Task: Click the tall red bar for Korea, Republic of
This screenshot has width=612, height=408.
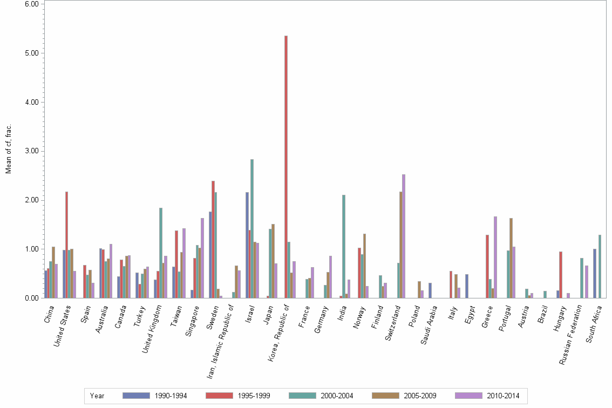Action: click(x=286, y=167)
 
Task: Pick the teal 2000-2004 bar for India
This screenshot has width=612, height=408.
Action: click(x=344, y=246)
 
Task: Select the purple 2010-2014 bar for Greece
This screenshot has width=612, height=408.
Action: click(x=495, y=257)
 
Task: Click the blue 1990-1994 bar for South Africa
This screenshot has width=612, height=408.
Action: click(x=595, y=273)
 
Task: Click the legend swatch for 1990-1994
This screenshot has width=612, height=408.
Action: click(x=136, y=396)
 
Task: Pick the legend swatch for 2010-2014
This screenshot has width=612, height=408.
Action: click(x=468, y=396)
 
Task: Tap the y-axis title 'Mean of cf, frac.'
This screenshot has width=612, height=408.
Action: click(x=9, y=149)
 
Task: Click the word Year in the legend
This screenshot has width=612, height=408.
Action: click(x=97, y=396)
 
